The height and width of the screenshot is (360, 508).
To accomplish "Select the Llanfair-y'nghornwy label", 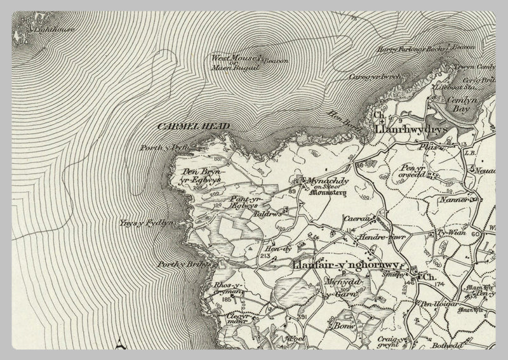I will point(346,265).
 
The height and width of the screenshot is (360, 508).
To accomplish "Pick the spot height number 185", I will point(227,299).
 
